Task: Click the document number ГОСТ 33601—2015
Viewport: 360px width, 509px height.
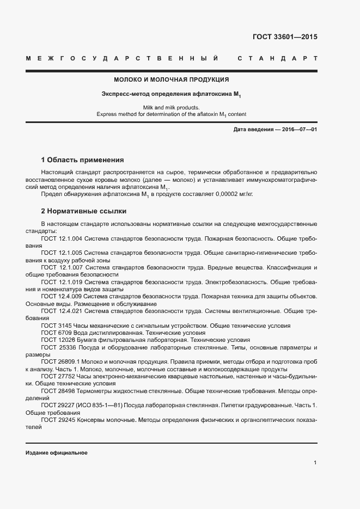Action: pos(284,37)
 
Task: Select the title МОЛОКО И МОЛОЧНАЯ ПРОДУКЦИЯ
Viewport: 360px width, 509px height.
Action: pos(171,79)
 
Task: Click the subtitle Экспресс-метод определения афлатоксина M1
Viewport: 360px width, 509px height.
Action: pos(171,95)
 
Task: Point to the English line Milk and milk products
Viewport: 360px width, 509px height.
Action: pos(171,107)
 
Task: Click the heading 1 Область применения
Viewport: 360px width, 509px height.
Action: pos(83,160)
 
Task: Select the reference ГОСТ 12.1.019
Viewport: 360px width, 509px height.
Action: pos(62,282)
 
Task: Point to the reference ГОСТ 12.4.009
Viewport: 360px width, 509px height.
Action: pos(62,297)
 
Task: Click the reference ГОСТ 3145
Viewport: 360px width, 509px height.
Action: pos(56,326)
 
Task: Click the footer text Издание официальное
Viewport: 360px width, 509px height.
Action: pos(57,453)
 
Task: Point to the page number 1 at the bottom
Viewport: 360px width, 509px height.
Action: pos(315,463)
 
